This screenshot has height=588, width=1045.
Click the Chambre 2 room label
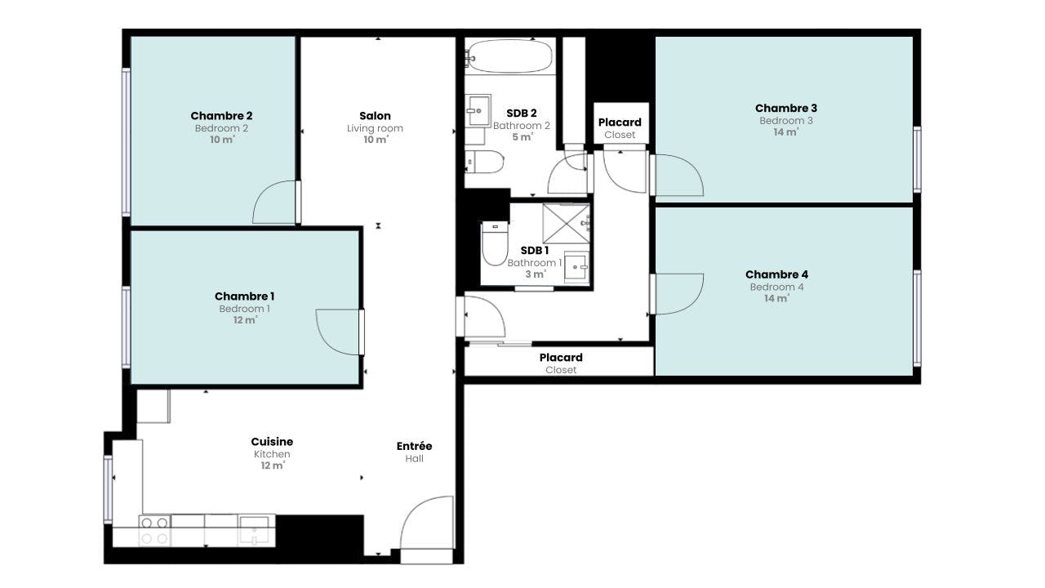221,116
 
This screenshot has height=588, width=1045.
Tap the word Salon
375,116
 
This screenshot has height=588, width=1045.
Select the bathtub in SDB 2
509,56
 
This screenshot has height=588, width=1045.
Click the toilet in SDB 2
484,162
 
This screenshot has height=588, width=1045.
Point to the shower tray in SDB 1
567,224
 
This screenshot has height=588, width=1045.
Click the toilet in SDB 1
495,243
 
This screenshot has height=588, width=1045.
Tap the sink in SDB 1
576,267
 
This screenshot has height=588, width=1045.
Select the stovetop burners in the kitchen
154,530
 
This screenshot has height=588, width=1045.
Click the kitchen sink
254,530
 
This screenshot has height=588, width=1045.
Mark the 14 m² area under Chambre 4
776,298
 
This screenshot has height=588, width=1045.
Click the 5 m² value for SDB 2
522,137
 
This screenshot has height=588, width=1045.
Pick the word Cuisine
272,442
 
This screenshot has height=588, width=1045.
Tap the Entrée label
414,446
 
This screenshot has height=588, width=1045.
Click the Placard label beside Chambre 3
620,122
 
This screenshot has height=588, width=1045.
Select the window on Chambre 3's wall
917,159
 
